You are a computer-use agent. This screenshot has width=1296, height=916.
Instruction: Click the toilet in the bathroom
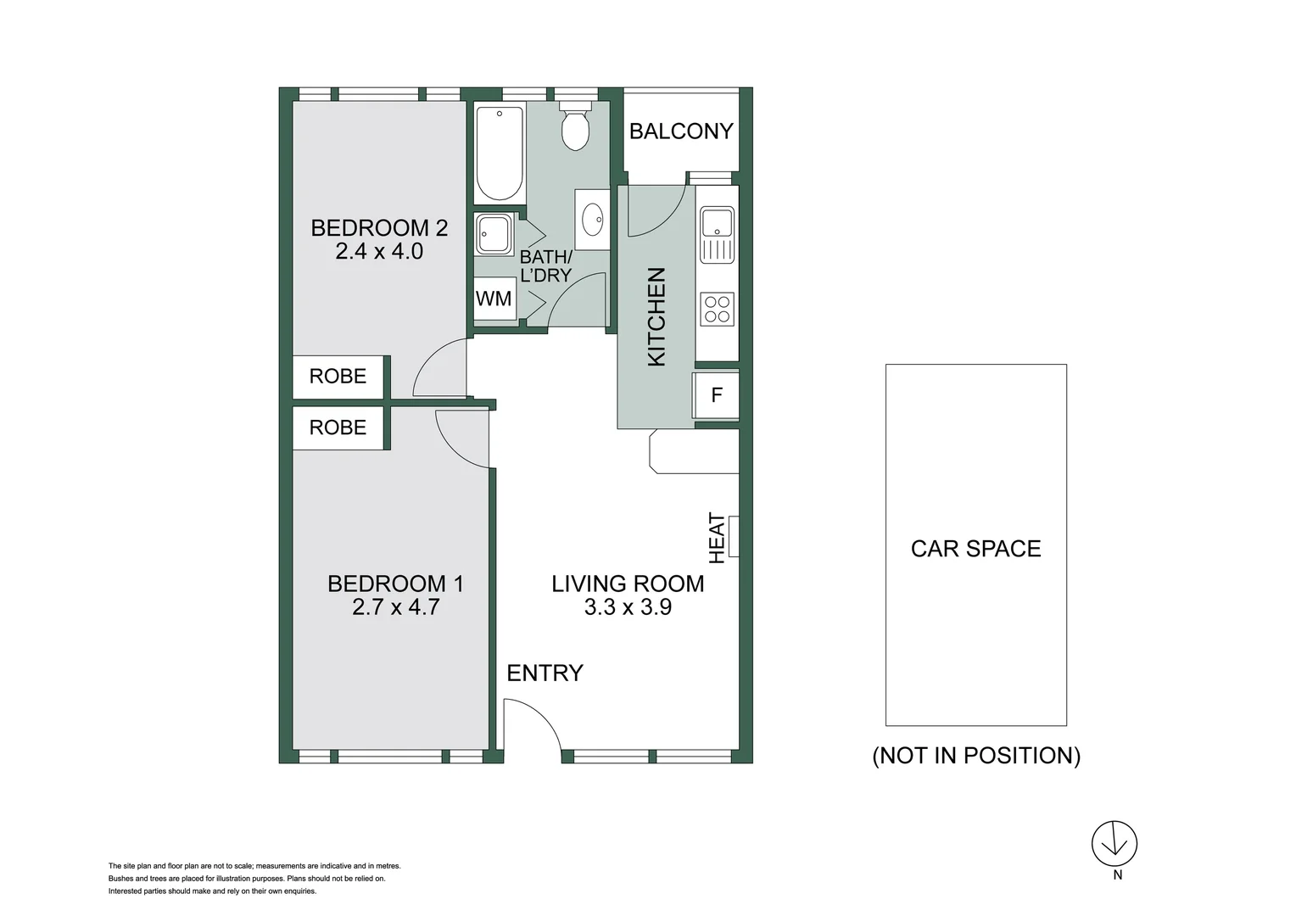tap(575, 126)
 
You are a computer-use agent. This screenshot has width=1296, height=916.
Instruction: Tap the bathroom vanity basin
tap(592, 219)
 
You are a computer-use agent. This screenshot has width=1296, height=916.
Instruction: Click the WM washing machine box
tap(494, 299)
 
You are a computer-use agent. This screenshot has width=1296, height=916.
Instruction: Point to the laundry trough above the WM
tap(494, 233)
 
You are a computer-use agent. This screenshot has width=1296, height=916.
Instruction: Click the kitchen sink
tap(717, 224)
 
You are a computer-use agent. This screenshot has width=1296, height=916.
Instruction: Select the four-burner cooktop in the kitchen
tap(717, 309)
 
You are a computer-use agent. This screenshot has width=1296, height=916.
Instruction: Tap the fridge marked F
tap(717, 395)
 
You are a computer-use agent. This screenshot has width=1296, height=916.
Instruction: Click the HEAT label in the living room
tap(718, 538)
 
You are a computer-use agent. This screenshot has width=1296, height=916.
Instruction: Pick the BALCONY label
tap(681, 131)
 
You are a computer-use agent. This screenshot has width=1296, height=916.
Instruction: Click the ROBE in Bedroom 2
tap(338, 377)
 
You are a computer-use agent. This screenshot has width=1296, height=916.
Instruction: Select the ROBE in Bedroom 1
tap(338, 427)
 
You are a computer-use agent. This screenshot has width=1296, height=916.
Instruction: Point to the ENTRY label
tap(545, 673)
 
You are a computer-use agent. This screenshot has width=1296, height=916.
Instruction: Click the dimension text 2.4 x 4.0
tap(379, 252)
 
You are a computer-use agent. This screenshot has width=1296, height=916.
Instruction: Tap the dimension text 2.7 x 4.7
tap(395, 607)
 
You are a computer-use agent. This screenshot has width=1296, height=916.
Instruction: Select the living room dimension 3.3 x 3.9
tap(628, 607)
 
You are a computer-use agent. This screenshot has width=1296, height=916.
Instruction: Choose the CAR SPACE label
tap(975, 549)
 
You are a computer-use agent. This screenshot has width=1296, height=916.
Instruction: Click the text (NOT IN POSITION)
tap(976, 756)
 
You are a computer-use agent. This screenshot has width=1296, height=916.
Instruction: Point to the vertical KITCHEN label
tap(657, 317)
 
